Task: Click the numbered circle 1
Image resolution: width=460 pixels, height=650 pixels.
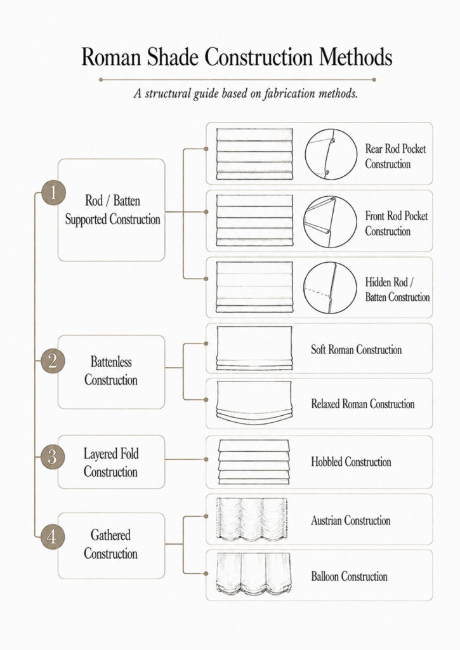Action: coord(53,192)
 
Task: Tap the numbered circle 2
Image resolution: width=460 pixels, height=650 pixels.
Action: coord(53,361)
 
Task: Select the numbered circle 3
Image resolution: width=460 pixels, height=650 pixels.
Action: coord(52,457)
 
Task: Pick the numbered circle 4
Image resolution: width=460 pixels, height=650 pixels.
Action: coord(52,536)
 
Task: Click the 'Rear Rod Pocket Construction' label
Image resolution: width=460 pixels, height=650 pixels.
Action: coord(395,156)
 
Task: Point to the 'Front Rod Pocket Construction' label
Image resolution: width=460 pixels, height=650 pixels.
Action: coord(396,223)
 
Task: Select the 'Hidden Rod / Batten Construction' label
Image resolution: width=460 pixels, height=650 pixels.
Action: coord(397,289)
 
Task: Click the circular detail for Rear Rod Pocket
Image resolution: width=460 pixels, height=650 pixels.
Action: coord(331,154)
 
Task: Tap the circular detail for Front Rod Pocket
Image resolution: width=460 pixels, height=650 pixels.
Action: coord(331,222)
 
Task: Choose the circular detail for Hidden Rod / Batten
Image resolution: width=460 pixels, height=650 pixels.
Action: coord(330,288)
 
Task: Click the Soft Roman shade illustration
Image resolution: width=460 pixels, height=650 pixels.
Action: coord(254,348)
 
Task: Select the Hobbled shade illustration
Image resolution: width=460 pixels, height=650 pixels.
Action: coord(254,462)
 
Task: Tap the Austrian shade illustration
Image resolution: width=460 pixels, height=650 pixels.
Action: coord(251,520)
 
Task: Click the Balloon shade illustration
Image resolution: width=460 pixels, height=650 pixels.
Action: coord(253,575)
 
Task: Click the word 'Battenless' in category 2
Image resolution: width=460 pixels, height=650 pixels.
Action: coord(111,361)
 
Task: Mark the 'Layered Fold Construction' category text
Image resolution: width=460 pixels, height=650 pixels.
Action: coord(110,463)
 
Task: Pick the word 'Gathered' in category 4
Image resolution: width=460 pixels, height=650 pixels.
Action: coord(110,535)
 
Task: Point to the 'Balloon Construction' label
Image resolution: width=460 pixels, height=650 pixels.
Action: coord(350,576)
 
